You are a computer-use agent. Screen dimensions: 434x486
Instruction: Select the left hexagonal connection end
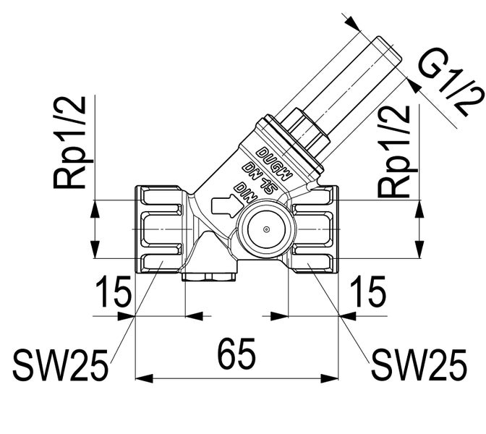pyautogui.click(x=160, y=229)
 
